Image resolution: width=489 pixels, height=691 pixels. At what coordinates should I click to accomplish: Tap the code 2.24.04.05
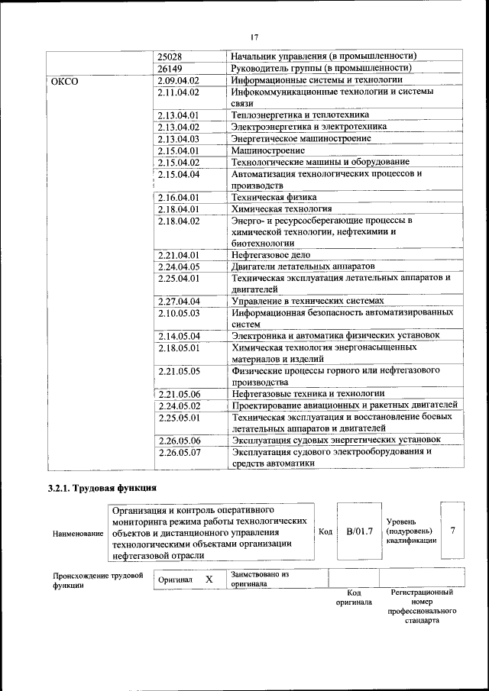[x=178, y=266]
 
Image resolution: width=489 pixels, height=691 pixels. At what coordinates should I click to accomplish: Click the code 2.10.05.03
[x=178, y=313]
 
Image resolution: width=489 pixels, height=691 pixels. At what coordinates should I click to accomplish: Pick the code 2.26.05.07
[x=179, y=451]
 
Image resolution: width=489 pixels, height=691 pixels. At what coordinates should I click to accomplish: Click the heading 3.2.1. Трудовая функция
[x=102, y=488]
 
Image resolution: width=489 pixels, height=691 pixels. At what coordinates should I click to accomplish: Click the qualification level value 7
[x=454, y=531]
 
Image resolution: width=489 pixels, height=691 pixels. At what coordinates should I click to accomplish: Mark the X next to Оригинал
[x=209, y=580]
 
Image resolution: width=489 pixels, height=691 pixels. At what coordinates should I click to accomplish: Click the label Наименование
[x=78, y=532]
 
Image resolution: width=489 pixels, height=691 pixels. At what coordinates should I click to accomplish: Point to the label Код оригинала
[x=354, y=597]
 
